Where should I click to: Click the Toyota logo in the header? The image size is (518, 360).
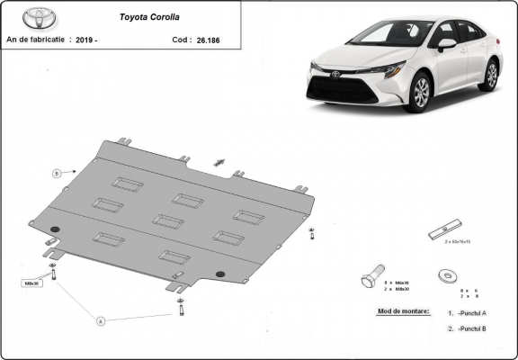pyautogui.click(x=21, y=17)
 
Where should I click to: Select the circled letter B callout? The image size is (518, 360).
pyautogui.click(x=56, y=172)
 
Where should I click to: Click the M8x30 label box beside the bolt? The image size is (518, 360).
pyautogui.click(x=31, y=282)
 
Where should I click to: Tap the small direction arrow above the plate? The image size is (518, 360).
pyautogui.click(x=219, y=162)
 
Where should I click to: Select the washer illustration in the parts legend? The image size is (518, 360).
pyautogui.click(x=447, y=273)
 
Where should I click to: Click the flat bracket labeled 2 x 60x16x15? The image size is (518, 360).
pyautogui.click(x=444, y=229)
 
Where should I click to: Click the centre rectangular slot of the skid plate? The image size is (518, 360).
pyautogui.click(x=167, y=220)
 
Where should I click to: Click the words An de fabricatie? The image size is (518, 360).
pyautogui.click(x=36, y=40)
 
